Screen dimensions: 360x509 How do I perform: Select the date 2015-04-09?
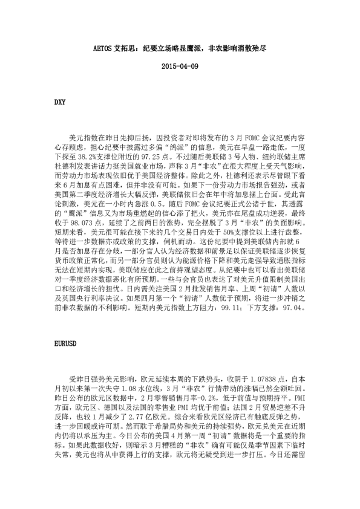click(x=180, y=66)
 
